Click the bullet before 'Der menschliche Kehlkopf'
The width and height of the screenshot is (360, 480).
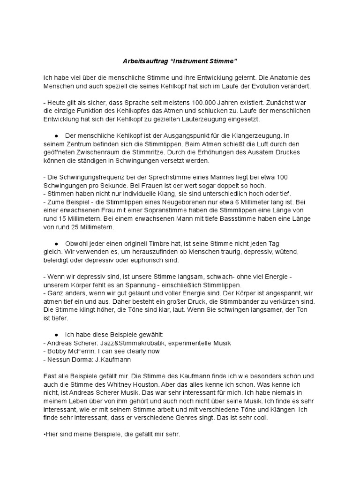tap(56, 135)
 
